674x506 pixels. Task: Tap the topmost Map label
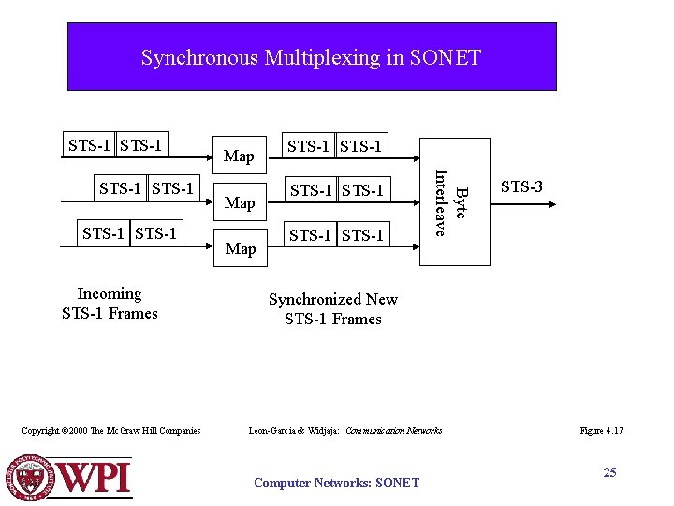[x=239, y=156]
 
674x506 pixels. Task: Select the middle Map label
[x=240, y=202]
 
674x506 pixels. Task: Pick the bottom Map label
[x=241, y=248]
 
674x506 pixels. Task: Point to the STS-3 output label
[x=521, y=187]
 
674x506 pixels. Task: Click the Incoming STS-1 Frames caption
[x=110, y=304]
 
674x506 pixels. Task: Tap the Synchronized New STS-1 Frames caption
[x=333, y=309]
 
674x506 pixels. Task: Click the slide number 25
[x=609, y=472]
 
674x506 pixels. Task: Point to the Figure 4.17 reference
[x=601, y=431]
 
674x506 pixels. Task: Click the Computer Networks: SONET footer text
[x=336, y=483]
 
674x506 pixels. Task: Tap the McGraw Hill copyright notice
[x=110, y=431]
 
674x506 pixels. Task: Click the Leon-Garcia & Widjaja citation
[x=344, y=431]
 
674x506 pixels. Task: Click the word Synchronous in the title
[x=199, y=58]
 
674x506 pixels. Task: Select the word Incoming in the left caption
[x=110, y=294]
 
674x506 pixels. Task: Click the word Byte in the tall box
[x=460, y=202]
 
